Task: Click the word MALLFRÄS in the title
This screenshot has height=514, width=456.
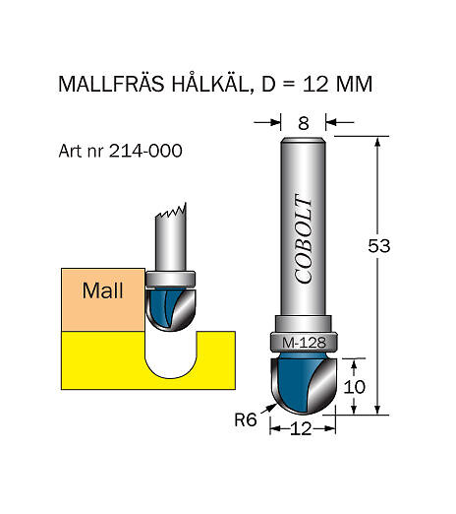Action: (111, 84)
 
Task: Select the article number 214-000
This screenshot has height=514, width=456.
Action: (145, 151)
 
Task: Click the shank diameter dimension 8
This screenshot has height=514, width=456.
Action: (304, 123)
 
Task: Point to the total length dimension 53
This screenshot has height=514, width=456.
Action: (379, 246)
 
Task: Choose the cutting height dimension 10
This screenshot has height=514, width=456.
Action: (354, 387)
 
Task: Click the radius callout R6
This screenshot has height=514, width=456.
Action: (246, 419)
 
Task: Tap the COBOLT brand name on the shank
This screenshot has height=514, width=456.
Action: (303, 238)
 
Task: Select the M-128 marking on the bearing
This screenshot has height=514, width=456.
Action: (304, 344)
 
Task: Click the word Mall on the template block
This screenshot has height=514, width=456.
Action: (102, 290)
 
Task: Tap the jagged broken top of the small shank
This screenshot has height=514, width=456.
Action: (171, 212)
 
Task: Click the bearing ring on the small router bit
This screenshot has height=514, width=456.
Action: (170, 280)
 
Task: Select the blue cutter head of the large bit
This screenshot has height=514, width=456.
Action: (304, 383)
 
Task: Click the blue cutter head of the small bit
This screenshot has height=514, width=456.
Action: (170, 309)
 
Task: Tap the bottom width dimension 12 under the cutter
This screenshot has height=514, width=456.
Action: (301, 428)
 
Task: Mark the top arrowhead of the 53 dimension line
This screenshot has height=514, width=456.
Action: (377, 142)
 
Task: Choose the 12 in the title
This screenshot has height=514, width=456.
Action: (315, 84)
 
